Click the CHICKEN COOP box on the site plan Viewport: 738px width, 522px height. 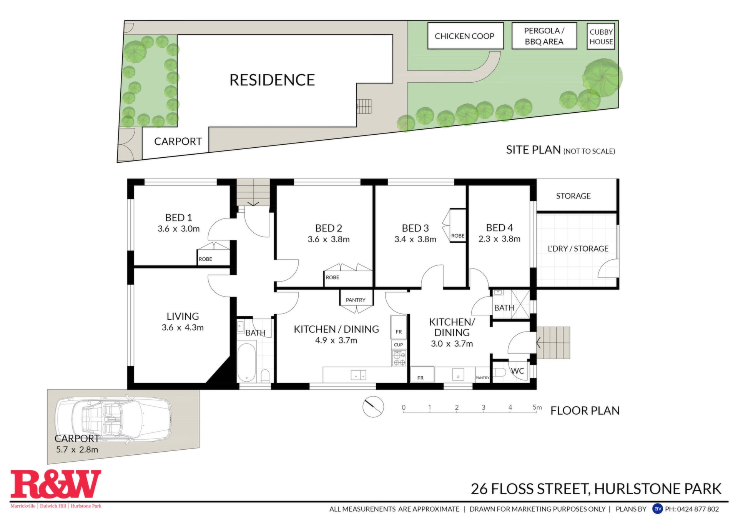[465, 36]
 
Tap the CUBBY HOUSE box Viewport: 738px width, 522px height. [601, 36]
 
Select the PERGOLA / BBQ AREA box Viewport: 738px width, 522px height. [544, 36]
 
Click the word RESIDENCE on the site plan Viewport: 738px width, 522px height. [272, 80]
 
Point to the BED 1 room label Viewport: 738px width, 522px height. [178, 218]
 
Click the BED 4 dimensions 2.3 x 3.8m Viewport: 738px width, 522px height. [499, 239]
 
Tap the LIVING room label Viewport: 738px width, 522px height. [183, 316]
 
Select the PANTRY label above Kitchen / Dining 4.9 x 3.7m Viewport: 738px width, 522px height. [356, 300]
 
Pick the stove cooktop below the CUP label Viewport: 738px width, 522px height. [399, 358]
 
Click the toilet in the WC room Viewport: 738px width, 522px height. [499, 372]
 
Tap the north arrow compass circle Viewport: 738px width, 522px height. [373, 407]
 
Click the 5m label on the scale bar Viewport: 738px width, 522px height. [537, 407]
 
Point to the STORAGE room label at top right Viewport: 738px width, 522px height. [573, 196]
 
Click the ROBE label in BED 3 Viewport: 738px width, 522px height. [458, 236]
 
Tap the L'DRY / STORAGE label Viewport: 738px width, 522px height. [578, 248]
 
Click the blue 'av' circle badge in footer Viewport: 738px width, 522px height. [658, 509]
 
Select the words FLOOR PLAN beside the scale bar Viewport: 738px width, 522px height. [585, 410]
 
